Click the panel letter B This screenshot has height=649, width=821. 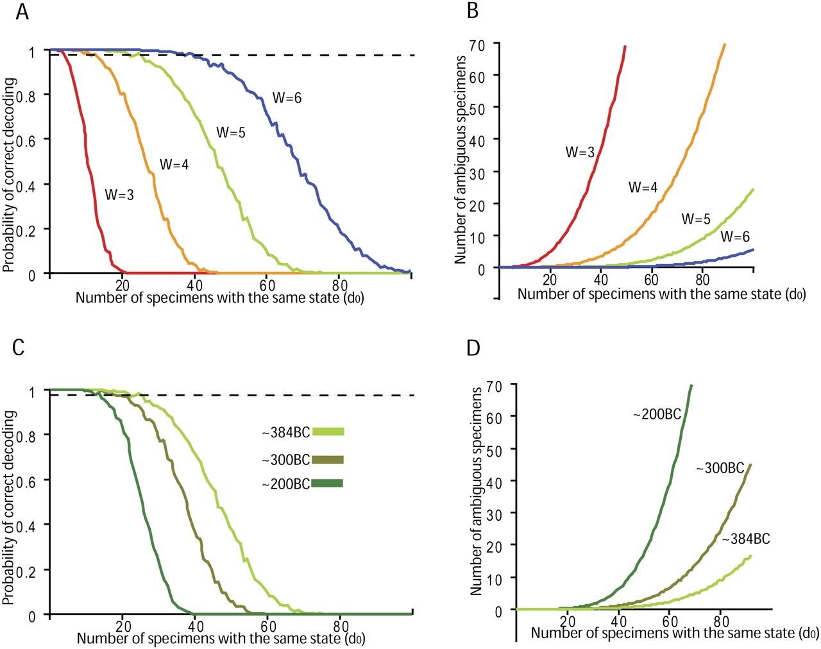click(x=473, y=11)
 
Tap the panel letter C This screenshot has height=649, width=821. click(x=19, y=348)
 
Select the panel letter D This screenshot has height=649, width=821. click(x=473, y=348)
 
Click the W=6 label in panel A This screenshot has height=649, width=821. click(x=287, y=98)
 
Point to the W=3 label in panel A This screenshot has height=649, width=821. click(x=119, y=195)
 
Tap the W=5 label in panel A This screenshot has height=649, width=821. click(x=231, y=132)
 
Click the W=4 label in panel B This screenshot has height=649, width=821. click(x=643, y=187)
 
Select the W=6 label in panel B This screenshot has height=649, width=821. click(x=735, y=237)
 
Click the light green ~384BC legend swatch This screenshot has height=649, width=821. click(x=328, y=432)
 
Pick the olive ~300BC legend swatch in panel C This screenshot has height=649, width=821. click(x=328, y=460)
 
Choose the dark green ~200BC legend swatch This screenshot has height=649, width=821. click(x=327, y=484)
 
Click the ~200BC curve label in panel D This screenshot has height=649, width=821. click(x=657, y=414)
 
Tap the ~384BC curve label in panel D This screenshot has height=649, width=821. click(x=746, y=539)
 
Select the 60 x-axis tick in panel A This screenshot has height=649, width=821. click(x=267, y=285)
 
